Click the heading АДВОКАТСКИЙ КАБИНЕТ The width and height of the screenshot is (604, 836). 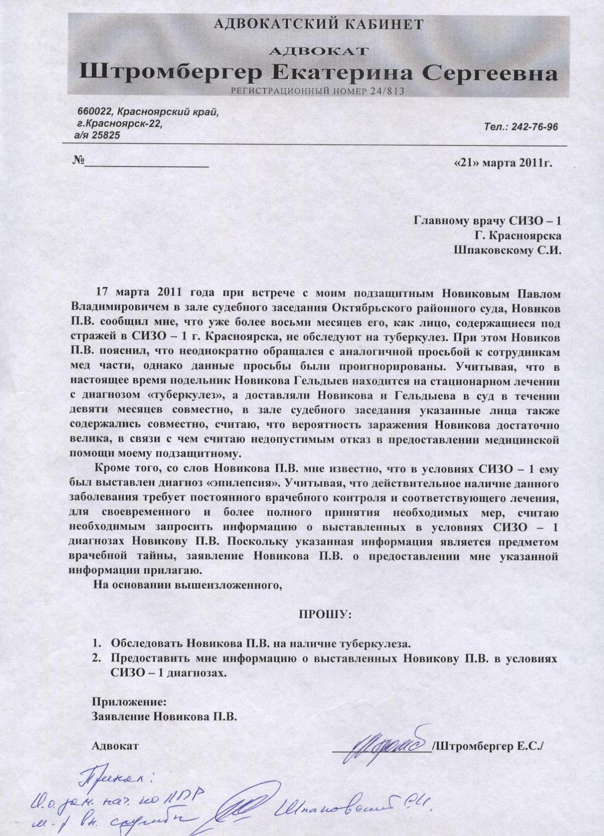318,24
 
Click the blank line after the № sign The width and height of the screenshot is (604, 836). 146,165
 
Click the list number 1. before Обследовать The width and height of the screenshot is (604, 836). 97,644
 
